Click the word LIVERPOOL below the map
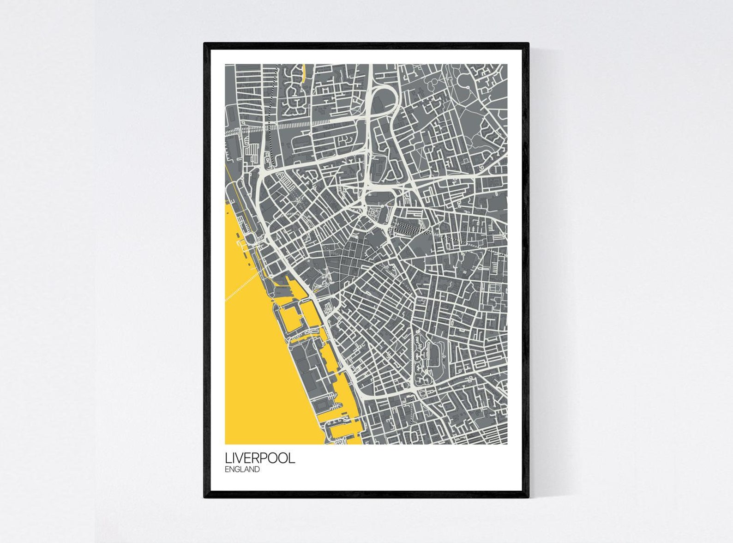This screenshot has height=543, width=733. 260,458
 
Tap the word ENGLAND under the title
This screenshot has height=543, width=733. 242,470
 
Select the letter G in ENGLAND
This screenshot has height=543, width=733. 239,470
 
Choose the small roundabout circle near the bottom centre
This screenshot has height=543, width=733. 422,393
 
